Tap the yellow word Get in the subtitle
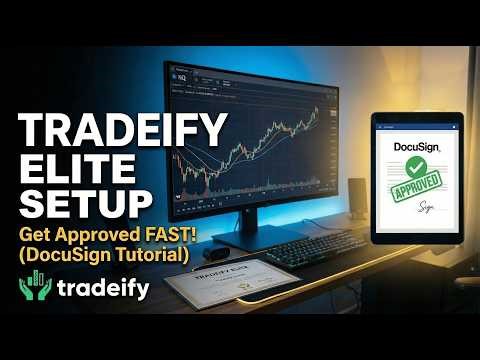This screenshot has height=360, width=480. pos(37,236)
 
